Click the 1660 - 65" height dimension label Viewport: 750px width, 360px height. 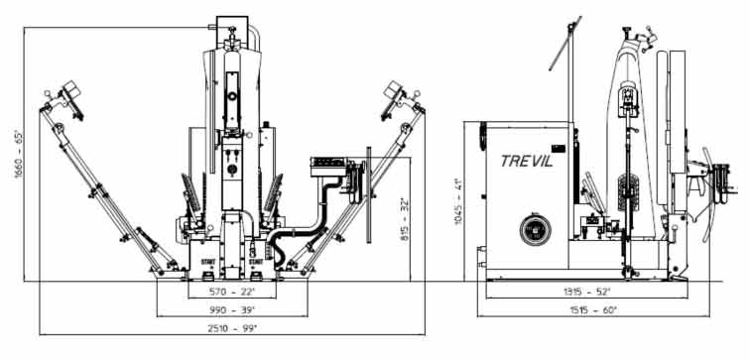pos(19,155)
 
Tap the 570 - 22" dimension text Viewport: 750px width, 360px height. pos(232,292)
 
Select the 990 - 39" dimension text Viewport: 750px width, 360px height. pos(232,309)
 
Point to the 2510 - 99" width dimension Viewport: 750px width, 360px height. pos(232,328)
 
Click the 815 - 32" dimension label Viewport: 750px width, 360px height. pos(405,218)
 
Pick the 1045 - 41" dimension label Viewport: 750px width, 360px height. pos(458,200)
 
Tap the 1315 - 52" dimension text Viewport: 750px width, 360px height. pos(587,292)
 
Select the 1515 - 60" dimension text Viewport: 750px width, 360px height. pos(593,309)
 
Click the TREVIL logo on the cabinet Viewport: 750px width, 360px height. pos(527,161)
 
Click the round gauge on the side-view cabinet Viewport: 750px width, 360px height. pos(536,230)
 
